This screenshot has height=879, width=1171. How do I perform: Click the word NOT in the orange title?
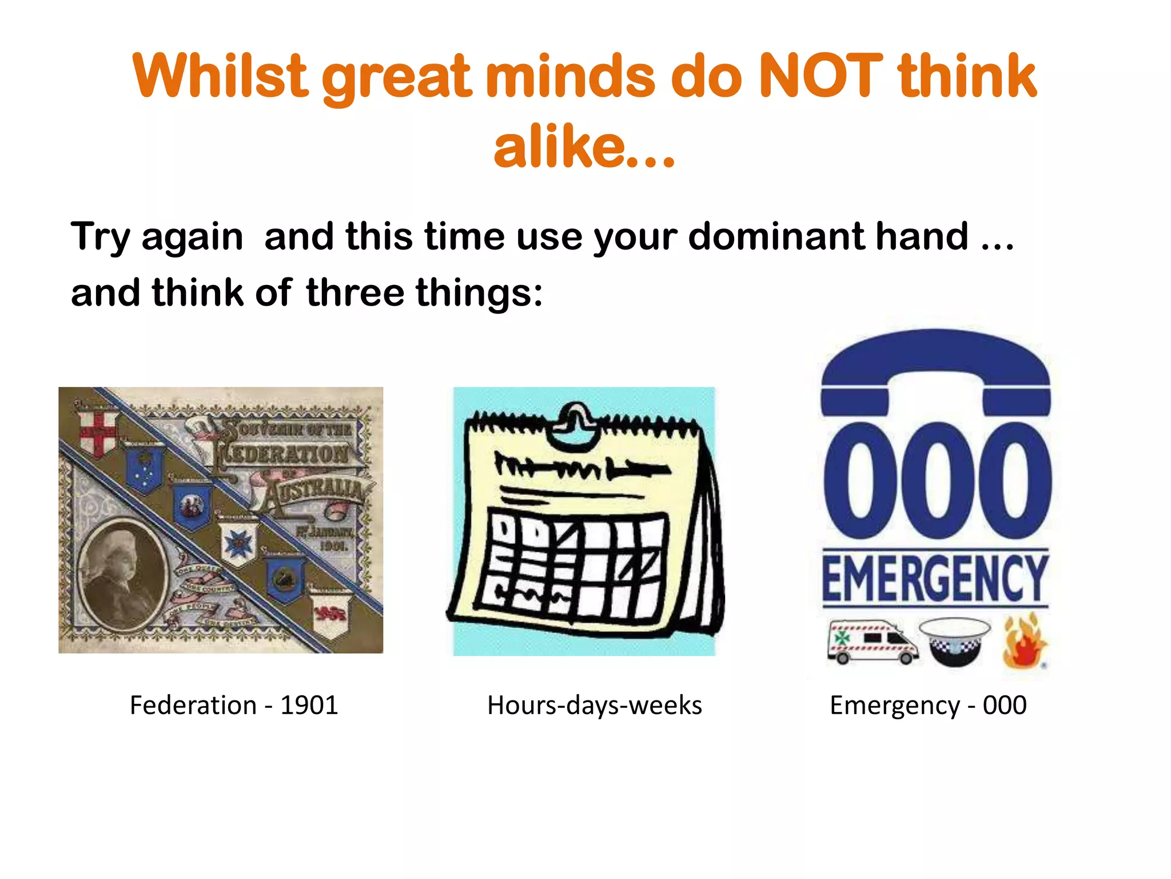[x=822, y=76]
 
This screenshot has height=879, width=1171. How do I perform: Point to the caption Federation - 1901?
[x=234, y=705]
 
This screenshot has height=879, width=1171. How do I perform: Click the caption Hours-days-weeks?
[x=594, y=705]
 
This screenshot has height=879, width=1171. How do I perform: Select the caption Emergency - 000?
[x=928, y=705]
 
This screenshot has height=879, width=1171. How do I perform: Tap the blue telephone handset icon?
[x=935, y=366]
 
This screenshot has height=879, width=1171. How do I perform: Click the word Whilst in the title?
[x=220, y=76]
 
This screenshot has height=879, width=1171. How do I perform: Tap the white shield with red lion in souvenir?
[x=330, y=615]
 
